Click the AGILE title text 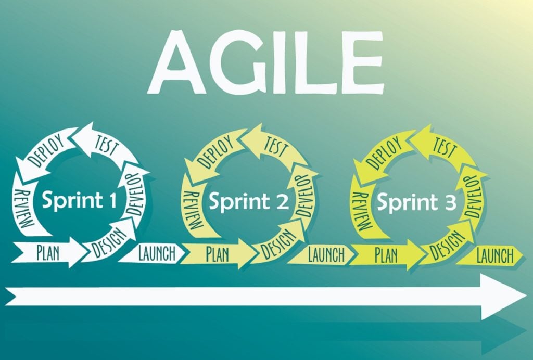click(x=266, y=62)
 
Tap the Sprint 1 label click(x=79, y=200)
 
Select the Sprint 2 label click(x=248, y=201)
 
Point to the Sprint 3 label click(x=416, y=202)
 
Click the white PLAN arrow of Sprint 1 click(x=49, y=252)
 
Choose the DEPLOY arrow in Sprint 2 click(x=213, y=153)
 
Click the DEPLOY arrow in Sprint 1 click(x=45, y=152)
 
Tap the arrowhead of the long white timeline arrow click(x=503, y=298)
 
